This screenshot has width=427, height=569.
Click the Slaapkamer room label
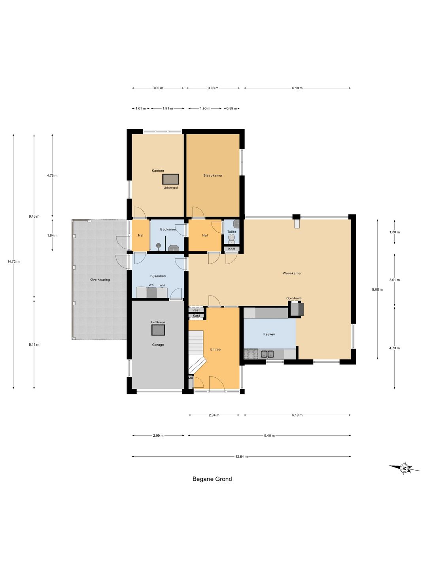pos(213,175)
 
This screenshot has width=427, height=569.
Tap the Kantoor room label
pos(158,171)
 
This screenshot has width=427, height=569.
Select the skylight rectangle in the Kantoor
pos(170,179)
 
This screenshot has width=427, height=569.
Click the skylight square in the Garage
pos(158,330)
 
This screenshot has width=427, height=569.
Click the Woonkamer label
pos(292,273)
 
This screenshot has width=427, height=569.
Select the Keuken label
pos(269,334)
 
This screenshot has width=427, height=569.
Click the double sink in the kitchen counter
pos(267,354)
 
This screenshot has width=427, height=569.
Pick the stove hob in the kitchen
pos(251,354)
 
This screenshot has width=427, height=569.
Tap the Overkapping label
pos(100,279)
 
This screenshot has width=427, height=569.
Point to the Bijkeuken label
pos(158,276)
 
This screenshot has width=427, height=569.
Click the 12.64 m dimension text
pos(241,456)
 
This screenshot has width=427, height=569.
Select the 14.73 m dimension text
pos(13,262)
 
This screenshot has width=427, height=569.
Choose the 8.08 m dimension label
pos(377,290)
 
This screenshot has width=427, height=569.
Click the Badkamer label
pos(168,230)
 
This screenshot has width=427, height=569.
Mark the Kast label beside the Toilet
pos(232,249)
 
